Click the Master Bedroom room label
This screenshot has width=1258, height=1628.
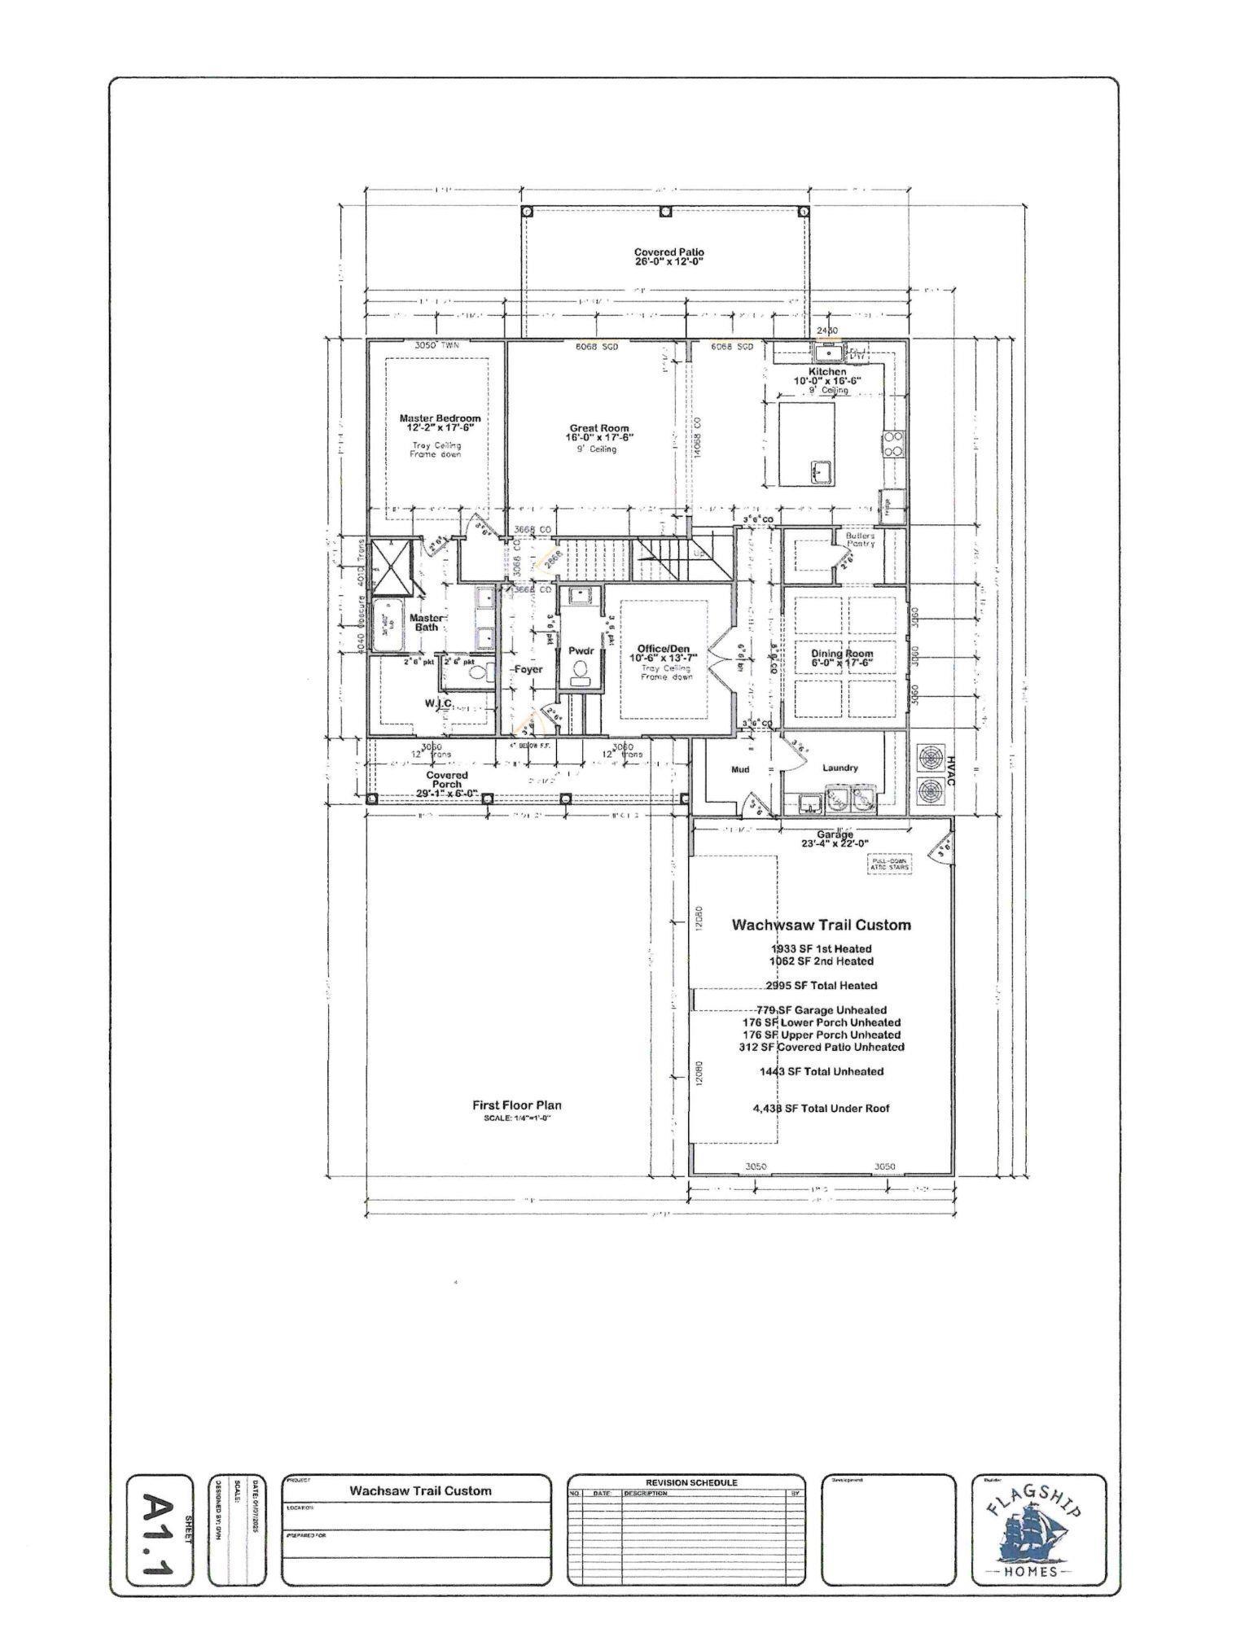440,422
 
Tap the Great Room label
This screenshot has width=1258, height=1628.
599,432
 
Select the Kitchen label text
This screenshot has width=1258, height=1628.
827,371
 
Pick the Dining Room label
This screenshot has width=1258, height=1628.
841,654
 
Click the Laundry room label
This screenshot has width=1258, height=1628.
839,768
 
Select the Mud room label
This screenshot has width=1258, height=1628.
739,769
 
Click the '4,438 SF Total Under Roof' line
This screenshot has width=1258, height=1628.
822,1108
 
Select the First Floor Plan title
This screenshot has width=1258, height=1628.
516,1105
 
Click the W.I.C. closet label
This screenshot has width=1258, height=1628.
437,702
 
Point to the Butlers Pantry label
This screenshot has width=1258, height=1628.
860,539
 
